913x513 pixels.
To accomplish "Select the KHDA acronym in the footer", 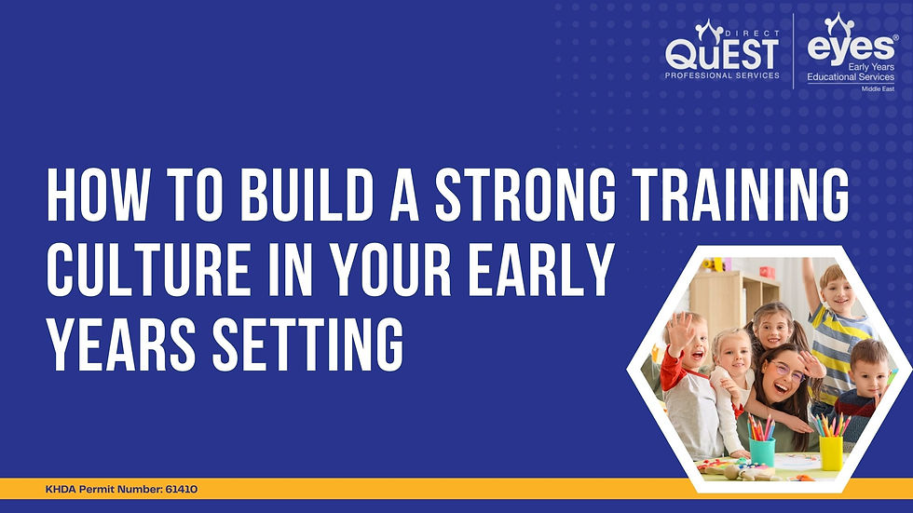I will coord(61,489).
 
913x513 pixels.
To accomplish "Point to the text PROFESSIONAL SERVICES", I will coord(721,74).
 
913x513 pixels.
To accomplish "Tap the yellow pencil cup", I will coord(830,451).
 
